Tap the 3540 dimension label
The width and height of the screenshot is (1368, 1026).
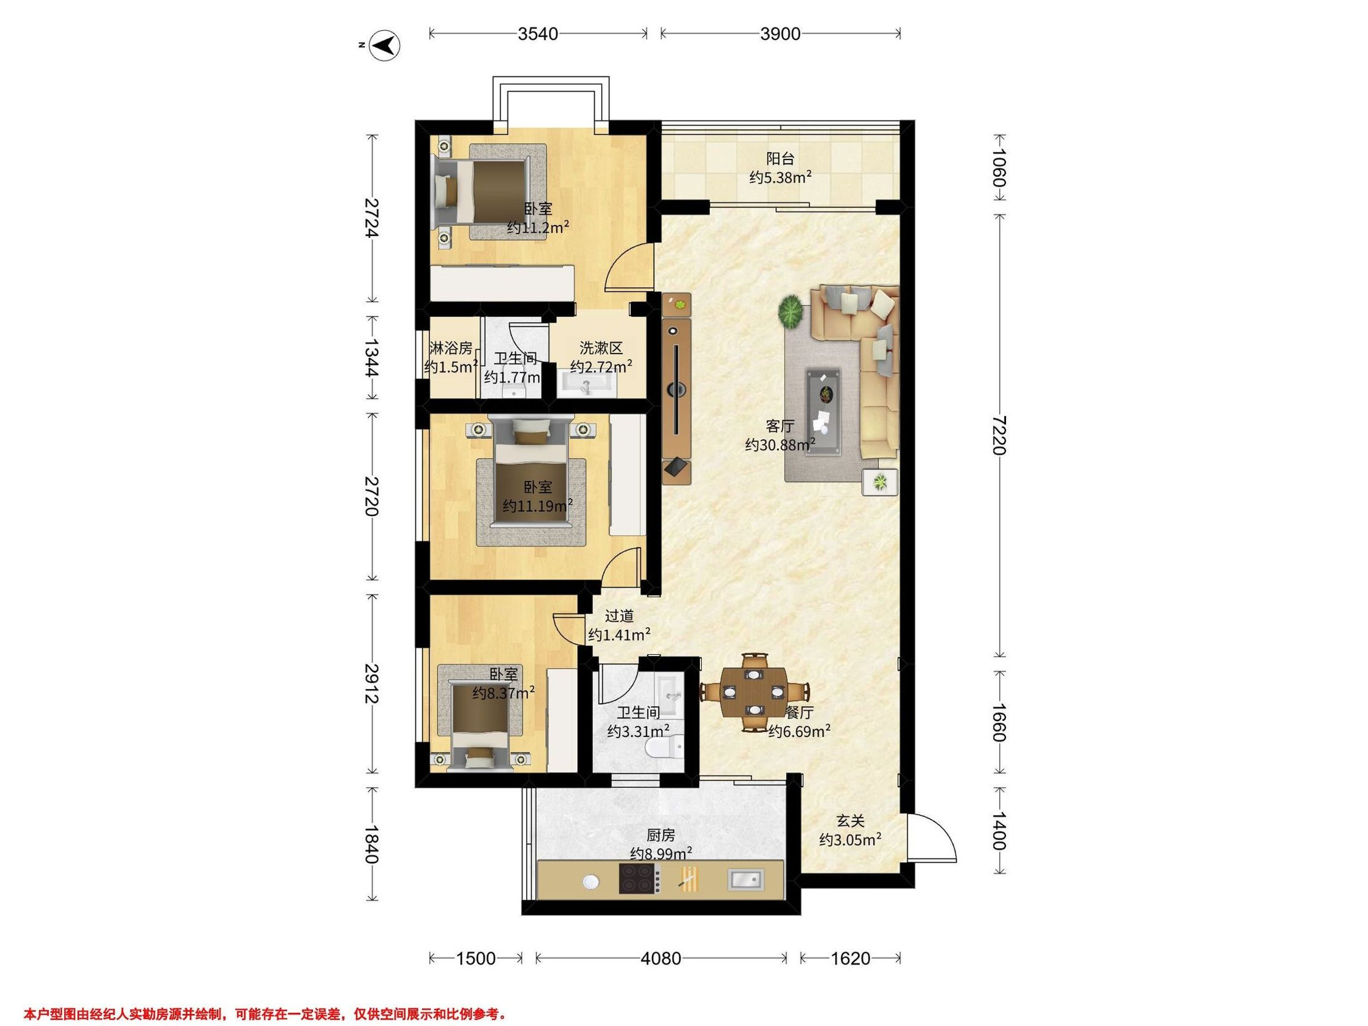point(538,34)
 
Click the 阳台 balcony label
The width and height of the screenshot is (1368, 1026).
point(780,158)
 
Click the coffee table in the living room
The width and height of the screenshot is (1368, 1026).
point(823,412)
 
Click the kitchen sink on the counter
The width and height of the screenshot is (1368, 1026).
point(746,879)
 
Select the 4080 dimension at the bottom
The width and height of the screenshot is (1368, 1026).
point(661,959)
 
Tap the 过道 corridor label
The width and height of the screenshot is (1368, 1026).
point(619,616)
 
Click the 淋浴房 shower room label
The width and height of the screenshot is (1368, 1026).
point(451,348)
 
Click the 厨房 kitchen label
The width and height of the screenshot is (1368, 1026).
point(661,836)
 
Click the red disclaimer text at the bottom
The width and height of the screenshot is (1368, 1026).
point(265,997)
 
